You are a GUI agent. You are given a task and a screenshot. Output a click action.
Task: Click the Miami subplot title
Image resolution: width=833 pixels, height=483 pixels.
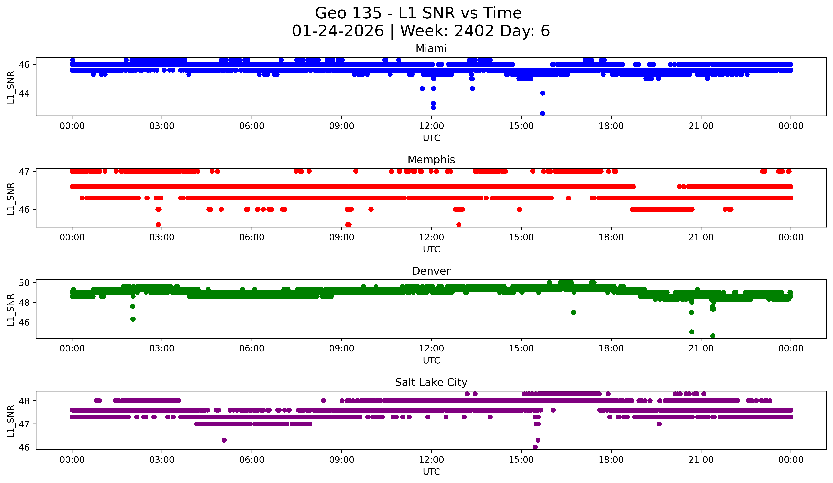(x=431, y=49)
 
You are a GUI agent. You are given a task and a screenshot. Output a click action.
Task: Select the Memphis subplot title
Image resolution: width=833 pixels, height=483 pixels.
(x=431, y=160)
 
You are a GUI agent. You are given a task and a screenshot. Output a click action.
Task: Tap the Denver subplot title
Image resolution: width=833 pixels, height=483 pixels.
(x=431, y=271)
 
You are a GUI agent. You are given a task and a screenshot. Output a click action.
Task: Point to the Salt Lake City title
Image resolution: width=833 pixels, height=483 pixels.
(x=431, y=382)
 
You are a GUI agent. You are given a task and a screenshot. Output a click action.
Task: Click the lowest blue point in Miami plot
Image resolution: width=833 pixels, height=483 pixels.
(x=542, y=113)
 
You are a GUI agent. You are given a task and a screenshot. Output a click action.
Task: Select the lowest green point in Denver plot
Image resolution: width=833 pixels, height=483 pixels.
(x=713, y=336)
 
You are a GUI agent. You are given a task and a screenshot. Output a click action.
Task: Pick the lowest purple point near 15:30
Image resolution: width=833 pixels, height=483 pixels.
(x=535, y=447)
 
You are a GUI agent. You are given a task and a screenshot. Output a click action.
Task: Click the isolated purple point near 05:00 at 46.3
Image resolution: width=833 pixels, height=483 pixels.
(x=224, y=440)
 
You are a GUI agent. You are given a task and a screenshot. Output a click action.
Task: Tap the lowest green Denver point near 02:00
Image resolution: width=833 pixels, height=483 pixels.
(x=133, y=319)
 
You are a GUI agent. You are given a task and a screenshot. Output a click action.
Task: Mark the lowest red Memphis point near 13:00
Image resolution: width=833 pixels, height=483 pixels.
(x=459, y=225)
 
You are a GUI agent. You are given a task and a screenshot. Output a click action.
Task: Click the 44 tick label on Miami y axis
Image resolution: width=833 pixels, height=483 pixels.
(x=24, y=93)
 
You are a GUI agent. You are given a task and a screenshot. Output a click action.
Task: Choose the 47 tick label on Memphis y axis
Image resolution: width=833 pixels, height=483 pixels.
(x=24, y=171)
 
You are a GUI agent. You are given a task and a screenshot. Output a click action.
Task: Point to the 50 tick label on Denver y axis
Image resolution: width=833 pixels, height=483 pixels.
(x=24, y=283)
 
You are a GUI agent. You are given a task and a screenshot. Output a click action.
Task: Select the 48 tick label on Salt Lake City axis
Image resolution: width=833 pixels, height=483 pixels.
(x=24, y=401)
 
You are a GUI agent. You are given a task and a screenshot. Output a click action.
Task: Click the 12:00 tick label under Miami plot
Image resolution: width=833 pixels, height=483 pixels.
(x=431, y=126)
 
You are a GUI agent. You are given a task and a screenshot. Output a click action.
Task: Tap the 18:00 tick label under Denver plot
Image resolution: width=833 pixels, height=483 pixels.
(x=611, y=349)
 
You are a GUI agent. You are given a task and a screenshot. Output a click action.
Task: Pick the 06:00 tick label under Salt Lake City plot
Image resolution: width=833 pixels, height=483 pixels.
(x=252, y=460)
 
